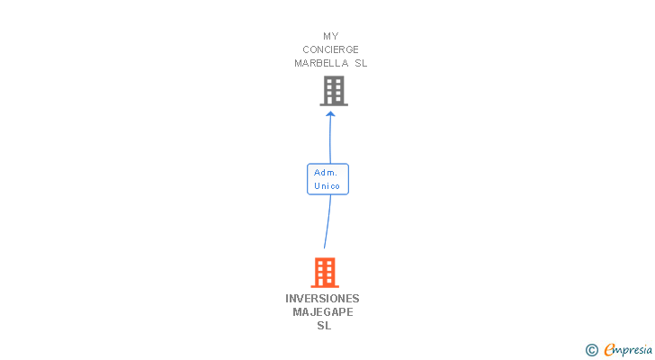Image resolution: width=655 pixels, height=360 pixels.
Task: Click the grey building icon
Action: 334,91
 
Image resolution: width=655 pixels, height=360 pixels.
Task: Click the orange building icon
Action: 325,272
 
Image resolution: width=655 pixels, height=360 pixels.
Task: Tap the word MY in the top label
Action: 331,37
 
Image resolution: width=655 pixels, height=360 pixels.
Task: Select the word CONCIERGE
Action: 331,49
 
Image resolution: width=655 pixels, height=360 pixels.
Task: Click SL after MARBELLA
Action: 361,63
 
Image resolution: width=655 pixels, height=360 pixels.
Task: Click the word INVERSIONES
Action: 322,299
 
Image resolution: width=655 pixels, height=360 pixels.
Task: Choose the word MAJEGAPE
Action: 323,312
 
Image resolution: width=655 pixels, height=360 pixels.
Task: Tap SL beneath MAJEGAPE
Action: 324,326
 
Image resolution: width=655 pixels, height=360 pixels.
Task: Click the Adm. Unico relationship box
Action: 327,179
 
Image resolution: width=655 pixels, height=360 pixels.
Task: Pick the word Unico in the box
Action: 327,186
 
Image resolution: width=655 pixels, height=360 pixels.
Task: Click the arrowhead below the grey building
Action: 330,113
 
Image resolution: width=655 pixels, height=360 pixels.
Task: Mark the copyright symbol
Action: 591,349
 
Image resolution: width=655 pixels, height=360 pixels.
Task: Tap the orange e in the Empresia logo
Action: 609,349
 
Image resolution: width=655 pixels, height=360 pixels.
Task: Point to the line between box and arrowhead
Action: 330,140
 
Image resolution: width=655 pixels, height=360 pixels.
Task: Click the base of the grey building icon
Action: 334,104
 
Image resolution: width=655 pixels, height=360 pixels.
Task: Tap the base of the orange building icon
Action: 325,285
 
